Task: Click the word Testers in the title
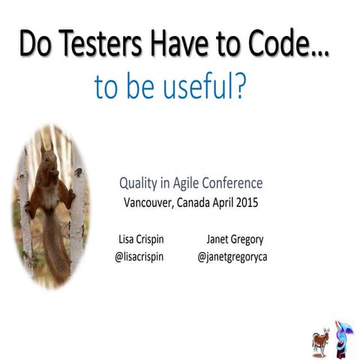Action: [93, 45]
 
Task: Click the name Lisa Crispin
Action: [143, 240]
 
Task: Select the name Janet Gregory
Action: [234, 240]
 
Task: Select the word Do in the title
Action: [34, 45]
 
